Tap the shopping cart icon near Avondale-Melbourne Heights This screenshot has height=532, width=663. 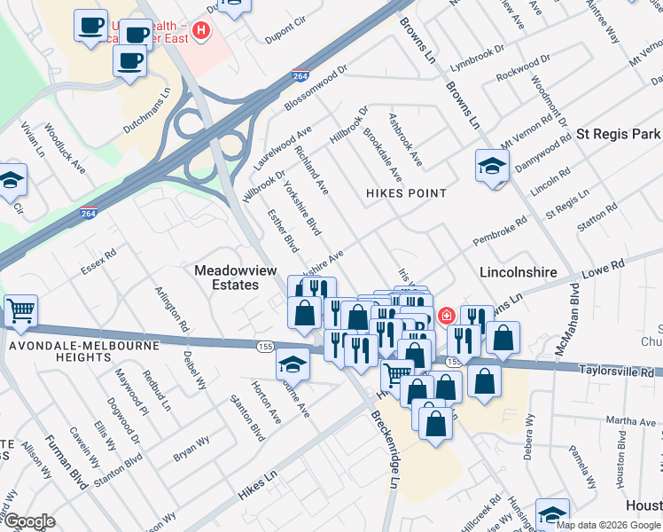click(20, 311)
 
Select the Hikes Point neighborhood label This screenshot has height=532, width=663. click(407, 192)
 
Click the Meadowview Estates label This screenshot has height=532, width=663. click(226, 277)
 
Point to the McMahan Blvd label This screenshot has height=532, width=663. click(567, 319)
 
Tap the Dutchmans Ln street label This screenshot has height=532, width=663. click(146, 111)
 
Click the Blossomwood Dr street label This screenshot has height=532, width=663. click(316, 90)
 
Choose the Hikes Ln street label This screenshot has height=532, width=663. click(258, 486)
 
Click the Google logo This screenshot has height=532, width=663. click(30, 520)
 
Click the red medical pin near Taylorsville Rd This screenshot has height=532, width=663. click(446, 315)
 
